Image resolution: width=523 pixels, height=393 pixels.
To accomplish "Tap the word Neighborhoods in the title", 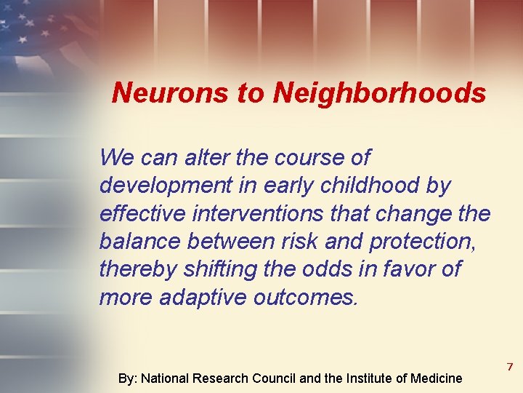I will [380, 93].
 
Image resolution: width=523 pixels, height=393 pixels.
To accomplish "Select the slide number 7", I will [510, 366].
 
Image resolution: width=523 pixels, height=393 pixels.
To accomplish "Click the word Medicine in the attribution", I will [436, 378].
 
